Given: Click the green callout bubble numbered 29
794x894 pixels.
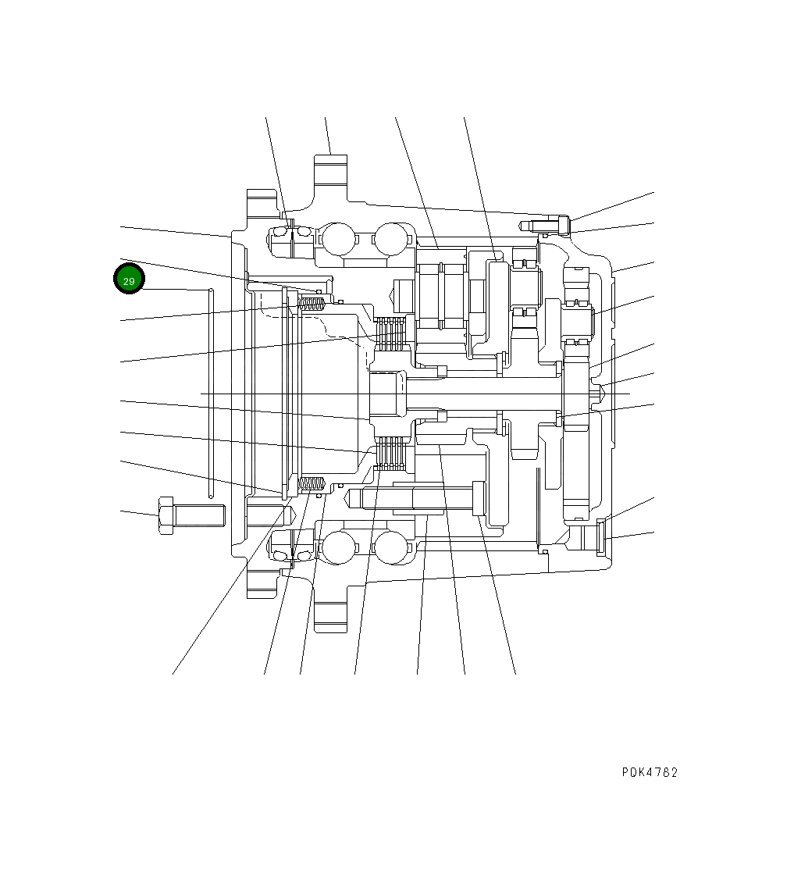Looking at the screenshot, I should click(129, 280).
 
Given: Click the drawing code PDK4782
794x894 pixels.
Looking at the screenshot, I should click(650, 772).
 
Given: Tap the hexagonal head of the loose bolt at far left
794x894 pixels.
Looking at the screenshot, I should click(166, 515).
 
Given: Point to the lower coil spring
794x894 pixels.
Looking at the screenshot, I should click(312, 484).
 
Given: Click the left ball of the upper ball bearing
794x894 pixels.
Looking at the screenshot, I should click(339, 238).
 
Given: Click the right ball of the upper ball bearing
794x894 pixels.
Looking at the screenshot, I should click(390, 238).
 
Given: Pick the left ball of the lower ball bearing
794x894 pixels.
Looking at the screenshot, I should click(339, 548).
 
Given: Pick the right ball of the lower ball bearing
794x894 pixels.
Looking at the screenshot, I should click(390, 548).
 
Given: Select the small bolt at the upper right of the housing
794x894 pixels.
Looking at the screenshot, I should click(547, 226).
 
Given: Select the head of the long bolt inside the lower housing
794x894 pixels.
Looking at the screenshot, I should click(479, 498).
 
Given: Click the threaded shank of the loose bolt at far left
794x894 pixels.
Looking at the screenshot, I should click(199, 515).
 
